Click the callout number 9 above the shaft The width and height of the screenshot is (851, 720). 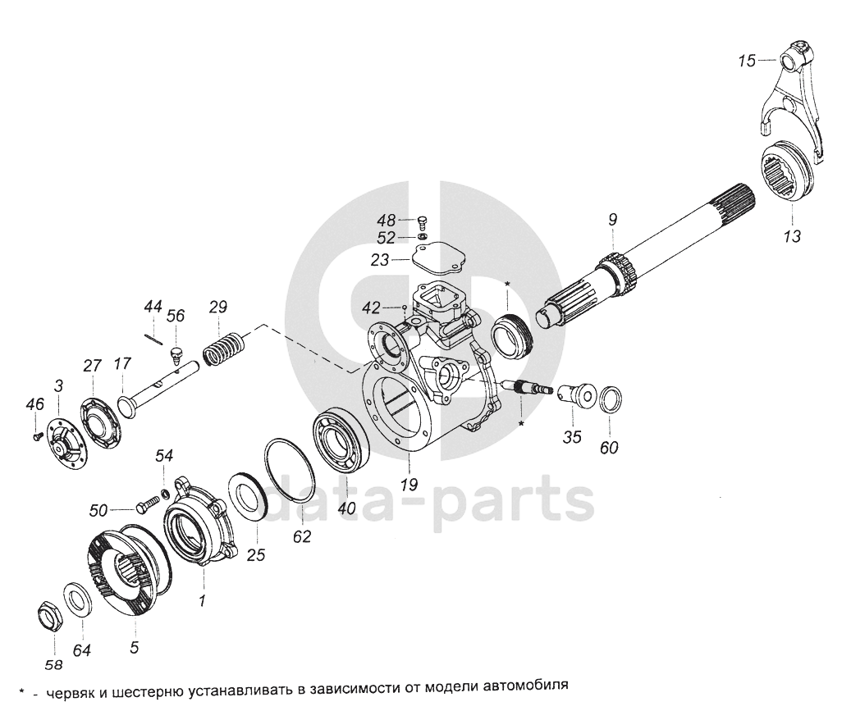tap(612, 219)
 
